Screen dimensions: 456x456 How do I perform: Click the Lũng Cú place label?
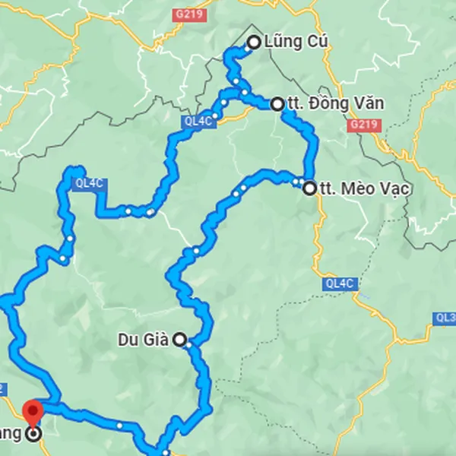click(x=296, y=43)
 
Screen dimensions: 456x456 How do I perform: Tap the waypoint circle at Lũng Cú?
click(x=254, y=43)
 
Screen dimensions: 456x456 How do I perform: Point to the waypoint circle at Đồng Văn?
click(x=277, y=104)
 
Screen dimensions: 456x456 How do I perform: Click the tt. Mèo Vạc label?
click(x=364, y=188)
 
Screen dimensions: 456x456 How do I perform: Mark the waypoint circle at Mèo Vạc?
click(x=309, y=188)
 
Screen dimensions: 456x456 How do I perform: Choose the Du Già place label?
click(x=144, y=339)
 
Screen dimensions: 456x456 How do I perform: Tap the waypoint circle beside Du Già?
click(x=180, y=340)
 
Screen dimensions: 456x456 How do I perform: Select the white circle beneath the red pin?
click(x=33, y=435)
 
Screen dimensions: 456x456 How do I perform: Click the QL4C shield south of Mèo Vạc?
click(x=340, y=283)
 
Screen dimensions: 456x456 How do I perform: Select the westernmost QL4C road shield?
click(x=88, y=182)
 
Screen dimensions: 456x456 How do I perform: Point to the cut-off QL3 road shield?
click(x=445, y=317)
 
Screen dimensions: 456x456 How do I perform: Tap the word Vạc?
click(x=395, y=188)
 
